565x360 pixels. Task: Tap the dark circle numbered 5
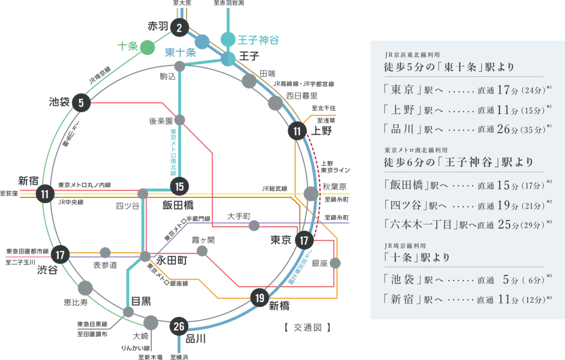[x=81, y=103]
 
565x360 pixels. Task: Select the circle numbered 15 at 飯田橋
[x=179, y=187]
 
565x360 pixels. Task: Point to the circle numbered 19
[x=259, y=298]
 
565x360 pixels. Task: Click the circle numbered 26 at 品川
[x=179, y=326]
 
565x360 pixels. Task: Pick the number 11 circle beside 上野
[x=297, y=131]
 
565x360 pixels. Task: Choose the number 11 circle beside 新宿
[x=45, y=194]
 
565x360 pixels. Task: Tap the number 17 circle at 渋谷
[x=60, y=255]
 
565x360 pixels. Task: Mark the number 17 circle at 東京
[x=303, y=240]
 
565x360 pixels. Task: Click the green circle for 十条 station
[x=147, y=48]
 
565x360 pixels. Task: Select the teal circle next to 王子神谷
[x=228, y=40]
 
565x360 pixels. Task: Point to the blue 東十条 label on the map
[x=180, y=53]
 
